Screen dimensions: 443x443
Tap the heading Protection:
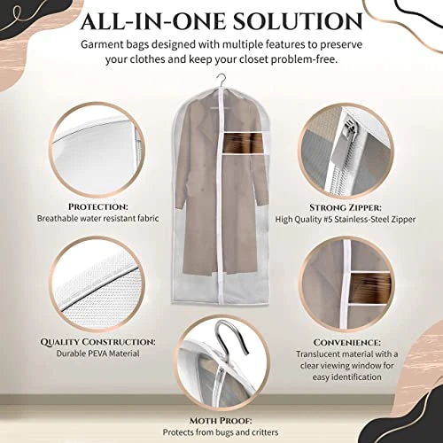coord(98,206)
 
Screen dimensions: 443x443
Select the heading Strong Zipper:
coord(346,207)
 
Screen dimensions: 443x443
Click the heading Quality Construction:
coord(98,342)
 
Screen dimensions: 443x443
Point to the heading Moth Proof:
coord(221,420)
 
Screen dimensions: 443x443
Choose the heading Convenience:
coord(347,342)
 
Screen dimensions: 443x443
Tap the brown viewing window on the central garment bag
coord(238,143)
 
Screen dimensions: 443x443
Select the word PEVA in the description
coord(99,354)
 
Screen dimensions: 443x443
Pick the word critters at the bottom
coord(265,432)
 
